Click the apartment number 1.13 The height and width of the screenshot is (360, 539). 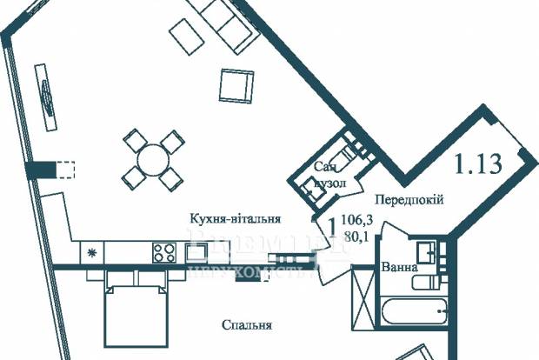pyautogui.click(x=478, y=163)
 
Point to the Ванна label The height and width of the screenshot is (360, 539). pyautogui.click(x=398, y=267)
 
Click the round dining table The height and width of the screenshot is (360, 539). pyautogui.click(x=153, y=159)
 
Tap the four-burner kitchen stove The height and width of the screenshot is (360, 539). pyautogui.click(x=164, y=252)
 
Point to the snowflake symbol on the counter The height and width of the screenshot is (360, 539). pyautogui.click(x=91, y=252)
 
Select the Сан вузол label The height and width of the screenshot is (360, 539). pyautogui.click(x=329, y=176)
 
